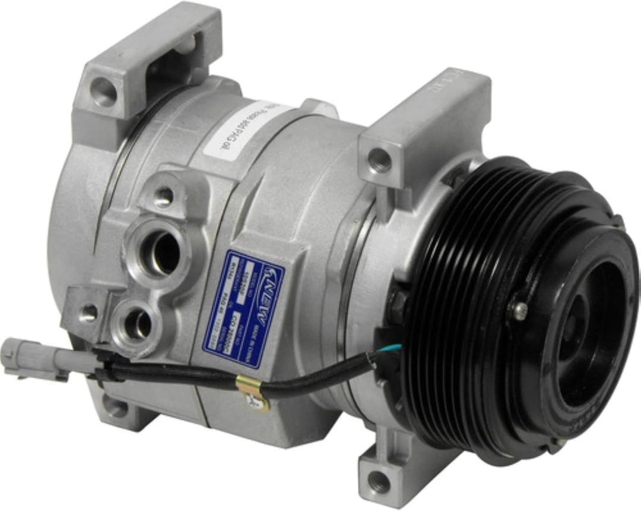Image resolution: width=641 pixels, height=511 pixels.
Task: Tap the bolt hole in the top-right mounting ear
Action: tap(380, 159)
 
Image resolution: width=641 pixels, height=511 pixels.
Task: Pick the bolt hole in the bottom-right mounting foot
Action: tap(379, 482)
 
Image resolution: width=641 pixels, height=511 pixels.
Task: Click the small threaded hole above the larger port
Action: tap(164, 195)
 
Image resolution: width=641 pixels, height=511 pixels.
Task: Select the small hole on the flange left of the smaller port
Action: tap(89, 311)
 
